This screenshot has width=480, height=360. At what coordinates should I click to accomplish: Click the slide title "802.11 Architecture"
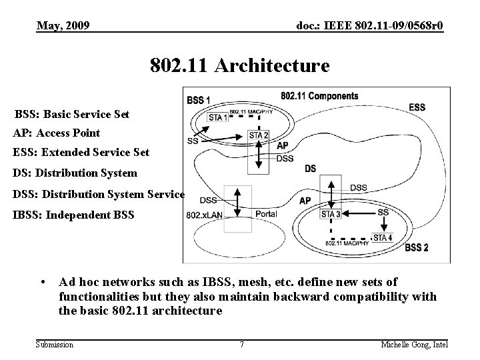point(239,66)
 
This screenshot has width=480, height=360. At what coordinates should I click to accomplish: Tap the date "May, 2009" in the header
point(63,25)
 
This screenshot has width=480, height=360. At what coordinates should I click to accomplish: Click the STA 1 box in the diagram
point(218,117)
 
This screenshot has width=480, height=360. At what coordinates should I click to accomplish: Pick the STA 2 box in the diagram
point(259,135)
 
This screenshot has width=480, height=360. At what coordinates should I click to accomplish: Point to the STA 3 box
point(331,214)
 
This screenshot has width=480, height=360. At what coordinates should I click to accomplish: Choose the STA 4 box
point(382,238)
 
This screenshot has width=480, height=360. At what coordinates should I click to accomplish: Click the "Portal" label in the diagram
point(266,214)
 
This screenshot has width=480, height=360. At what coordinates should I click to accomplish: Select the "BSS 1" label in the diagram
point(199,100)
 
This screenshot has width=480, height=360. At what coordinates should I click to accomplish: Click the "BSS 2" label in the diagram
point(417,248)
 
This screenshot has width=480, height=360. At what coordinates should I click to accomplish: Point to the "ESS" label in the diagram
point(417,107)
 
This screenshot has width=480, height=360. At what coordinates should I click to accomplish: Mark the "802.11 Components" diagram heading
point(319,96)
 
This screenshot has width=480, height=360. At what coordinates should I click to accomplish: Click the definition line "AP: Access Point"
point(57,133)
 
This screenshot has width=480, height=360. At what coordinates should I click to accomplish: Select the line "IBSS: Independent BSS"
point(73,215)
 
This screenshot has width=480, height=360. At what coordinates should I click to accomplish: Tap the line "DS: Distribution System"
point(75,173)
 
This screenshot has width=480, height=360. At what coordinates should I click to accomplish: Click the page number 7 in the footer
point(241,344)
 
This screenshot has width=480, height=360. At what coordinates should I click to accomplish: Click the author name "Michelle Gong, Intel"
point(415,344)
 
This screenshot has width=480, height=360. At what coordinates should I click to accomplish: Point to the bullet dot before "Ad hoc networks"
point(43,282)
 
